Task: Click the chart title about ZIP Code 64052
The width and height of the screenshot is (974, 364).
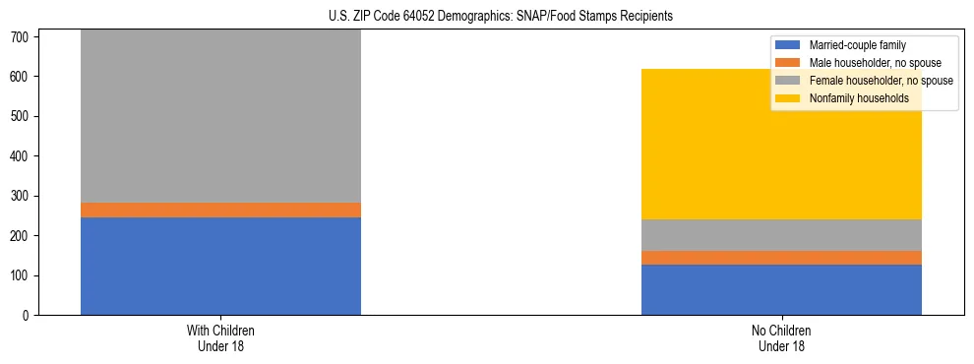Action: (487, 16)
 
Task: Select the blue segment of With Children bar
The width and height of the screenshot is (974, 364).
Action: (220, 266)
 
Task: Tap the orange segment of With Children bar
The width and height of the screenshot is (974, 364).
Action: (220, 210)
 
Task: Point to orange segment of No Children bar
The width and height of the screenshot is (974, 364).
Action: (781, 258)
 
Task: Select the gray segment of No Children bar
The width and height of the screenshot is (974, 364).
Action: (781, 235)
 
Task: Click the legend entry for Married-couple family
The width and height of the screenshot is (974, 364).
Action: (857, 45)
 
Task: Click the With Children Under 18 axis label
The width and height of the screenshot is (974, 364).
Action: (220, 337)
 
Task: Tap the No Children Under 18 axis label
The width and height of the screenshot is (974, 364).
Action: (781, 337)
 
